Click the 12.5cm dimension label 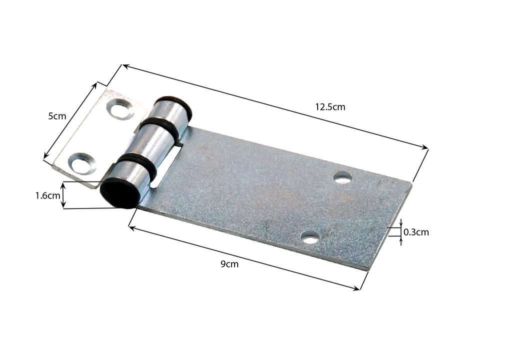pyautogui.click(x=330, y=106)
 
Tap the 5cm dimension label pyautogui.click(x=57, y=116)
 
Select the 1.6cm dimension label pyautogui.click(x=47, y=195)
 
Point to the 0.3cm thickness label pyautogui.click(x=416, y=232)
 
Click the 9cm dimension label pyautogui.click(x=229, y=264)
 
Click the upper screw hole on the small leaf pyautogui.click(x=120, y=109)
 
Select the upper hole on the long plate pyautogui.click(x=343, y=177)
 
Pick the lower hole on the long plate pyautogui.click(x=310, y=238)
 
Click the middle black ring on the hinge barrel pyautogui.click(x=159, y=128)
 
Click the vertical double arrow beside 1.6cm pyautogui.click(x=63, y=195)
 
